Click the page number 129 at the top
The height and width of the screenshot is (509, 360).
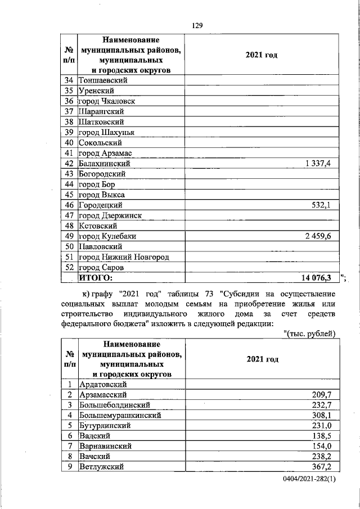click(197, 26)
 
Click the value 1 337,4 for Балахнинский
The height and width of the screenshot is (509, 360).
click(318, 163)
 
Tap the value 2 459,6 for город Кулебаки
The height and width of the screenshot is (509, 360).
click(318, 236)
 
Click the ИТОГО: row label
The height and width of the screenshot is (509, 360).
click(96, 277)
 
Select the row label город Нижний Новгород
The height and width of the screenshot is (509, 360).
click(124, 256)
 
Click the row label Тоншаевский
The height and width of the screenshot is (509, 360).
click(103, 80)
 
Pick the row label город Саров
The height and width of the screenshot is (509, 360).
click(101, 267)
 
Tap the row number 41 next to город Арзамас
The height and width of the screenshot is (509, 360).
click(70, 153)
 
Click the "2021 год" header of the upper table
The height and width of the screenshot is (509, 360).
click(262, 56)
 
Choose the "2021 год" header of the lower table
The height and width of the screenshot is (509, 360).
click(262, 359)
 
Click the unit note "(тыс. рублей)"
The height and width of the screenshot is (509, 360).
click(309, 334)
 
